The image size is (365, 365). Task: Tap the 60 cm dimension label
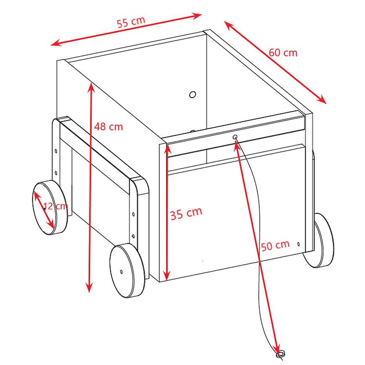point(283,52)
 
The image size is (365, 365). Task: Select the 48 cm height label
point(109,127)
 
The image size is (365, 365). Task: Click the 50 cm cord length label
point(275,245)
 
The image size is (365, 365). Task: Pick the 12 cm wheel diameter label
point(56,206)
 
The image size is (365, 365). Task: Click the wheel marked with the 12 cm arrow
point(50,207)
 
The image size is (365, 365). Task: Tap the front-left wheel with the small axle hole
point(127,271)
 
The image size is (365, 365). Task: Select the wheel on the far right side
point(318,240)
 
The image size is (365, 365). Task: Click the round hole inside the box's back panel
point(193,94)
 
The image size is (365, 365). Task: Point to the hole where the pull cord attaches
point(235,137)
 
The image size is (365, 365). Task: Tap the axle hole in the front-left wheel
point(121,271)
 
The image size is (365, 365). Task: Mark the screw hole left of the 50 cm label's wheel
point(298,244)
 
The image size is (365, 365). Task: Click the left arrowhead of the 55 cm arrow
point(56,43)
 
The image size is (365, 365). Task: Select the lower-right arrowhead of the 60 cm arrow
point(322,99)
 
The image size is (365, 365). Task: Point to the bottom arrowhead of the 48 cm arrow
point(89,287)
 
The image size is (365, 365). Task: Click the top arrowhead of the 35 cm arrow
point(167,149)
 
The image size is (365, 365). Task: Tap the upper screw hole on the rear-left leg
point(56,151)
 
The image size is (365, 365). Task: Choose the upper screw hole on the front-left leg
point(133,214)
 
